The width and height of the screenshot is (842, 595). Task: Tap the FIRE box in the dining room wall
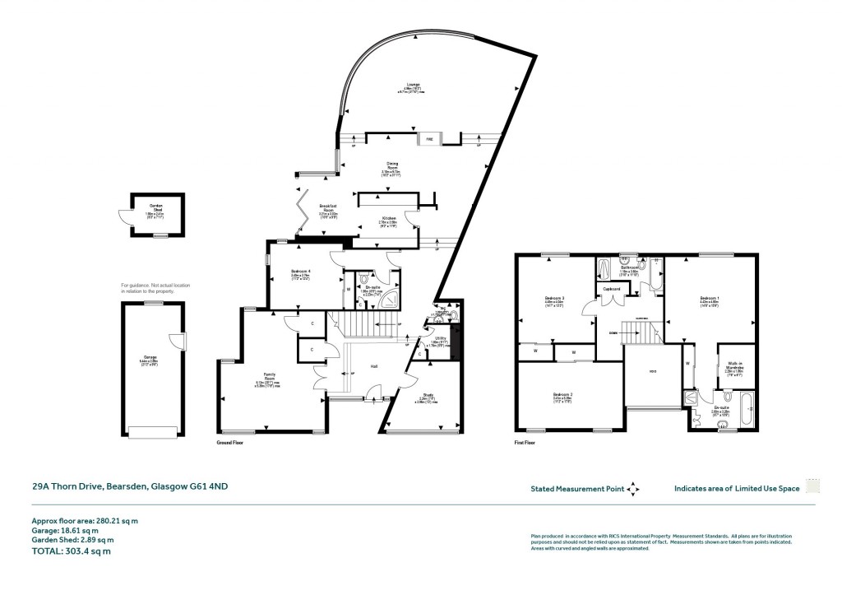[428, 139]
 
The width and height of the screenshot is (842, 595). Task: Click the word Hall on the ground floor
[374, 366]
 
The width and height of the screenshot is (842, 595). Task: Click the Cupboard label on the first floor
[611, 289]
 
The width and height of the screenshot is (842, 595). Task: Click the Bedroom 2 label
[562, 395]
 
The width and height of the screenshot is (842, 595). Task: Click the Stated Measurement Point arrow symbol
[632, 489]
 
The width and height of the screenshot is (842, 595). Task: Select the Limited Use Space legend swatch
[812, 487]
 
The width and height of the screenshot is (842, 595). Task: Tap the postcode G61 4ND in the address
[209, 486]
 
